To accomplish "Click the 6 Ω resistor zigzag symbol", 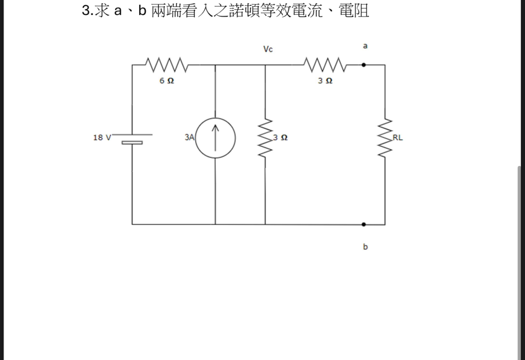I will coord(166,65).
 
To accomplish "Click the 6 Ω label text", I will coord(166,81).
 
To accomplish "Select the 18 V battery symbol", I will coord(132,139).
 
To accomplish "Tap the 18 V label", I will coord(102,138).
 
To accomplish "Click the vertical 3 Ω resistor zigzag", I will coord(265,138).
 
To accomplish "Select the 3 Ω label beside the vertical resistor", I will coord(280,138).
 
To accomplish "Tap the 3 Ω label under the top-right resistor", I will coord(325,81).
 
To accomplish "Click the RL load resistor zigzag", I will coord(385,138).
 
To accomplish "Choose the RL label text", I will coord(398,138).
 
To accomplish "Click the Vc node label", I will coord(268,49).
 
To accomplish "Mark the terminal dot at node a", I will coord(363,65).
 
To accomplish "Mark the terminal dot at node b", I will coord(363,224).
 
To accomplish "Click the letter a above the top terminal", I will coord(365,46).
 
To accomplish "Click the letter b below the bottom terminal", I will coord(365,247).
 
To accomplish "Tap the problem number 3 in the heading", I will coord(86,11).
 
